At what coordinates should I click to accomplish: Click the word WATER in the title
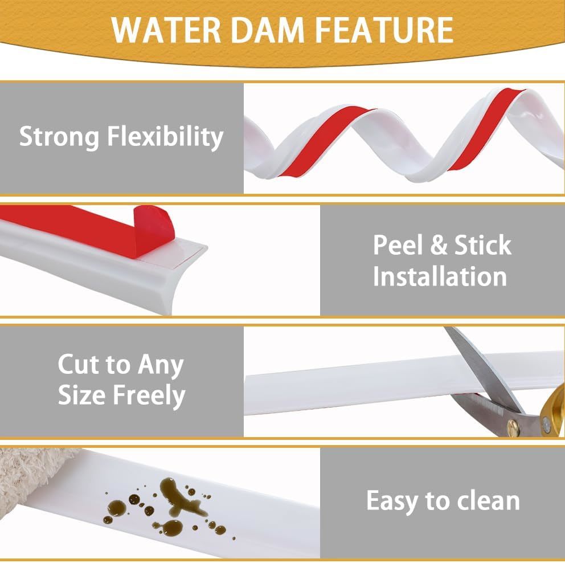tap(166, 30)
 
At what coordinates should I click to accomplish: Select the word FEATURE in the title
tap(385, 30)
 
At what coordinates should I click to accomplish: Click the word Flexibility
tap(165, 137)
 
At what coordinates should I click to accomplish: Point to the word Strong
tap(59, 137)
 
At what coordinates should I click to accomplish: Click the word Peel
tap(398, 245)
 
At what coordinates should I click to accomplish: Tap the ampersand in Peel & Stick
tap(439, 245)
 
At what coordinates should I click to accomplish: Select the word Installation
tap(440, 276)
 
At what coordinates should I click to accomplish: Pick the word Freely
tap(149, 396)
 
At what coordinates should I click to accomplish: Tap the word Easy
tap(392, 501)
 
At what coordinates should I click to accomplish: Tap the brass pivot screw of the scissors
tap(512, 427)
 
